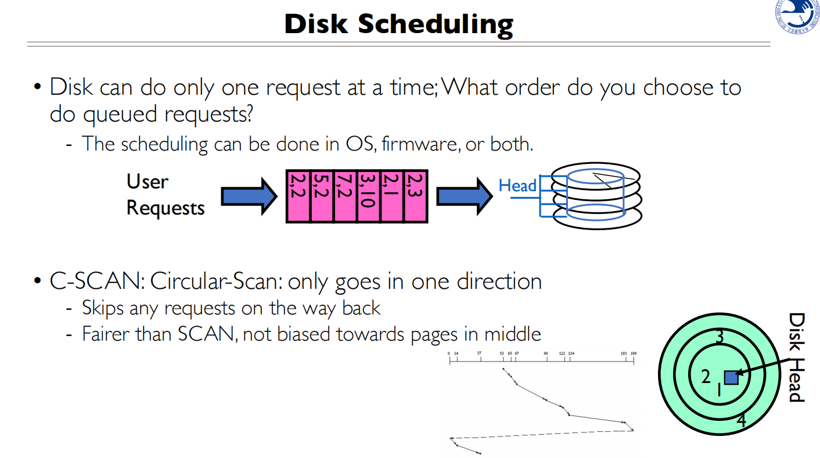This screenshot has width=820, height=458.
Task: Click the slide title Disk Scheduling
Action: pyautogui.click(x=398, y=24)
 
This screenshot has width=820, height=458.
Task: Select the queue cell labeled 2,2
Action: pyautogui.click(x=298, y=196)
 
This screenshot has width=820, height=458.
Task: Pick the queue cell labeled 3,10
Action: pyautogui.click(x=368, y=196)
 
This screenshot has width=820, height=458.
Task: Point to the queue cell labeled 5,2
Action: pyautogui.click(x=322, y=196)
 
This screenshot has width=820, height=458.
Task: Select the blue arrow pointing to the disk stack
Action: pyautogui.click(x=465, y=196)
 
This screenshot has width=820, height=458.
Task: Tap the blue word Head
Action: pyautogui.click(x=517, y=186)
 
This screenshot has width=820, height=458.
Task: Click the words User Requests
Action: pyautogui.click(x=166, y=195)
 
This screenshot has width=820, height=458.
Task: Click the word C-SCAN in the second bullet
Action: pyautogui.click(x=96, y=281)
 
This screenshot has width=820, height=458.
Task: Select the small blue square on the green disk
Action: pyautogui.click(x=731, y=377)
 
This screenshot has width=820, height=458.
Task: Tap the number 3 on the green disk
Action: pyautogui.click(x=719, y=337)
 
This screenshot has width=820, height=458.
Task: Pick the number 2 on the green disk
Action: pyautogui.click(x=706, y=377)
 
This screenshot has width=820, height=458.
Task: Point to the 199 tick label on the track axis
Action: pyautogui.click(x=634, y=353)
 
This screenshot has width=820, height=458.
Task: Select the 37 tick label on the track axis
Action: pyautogui.click(x=479, y=353)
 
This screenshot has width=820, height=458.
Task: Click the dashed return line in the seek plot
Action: pyautogui.click(x=540, y=434)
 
